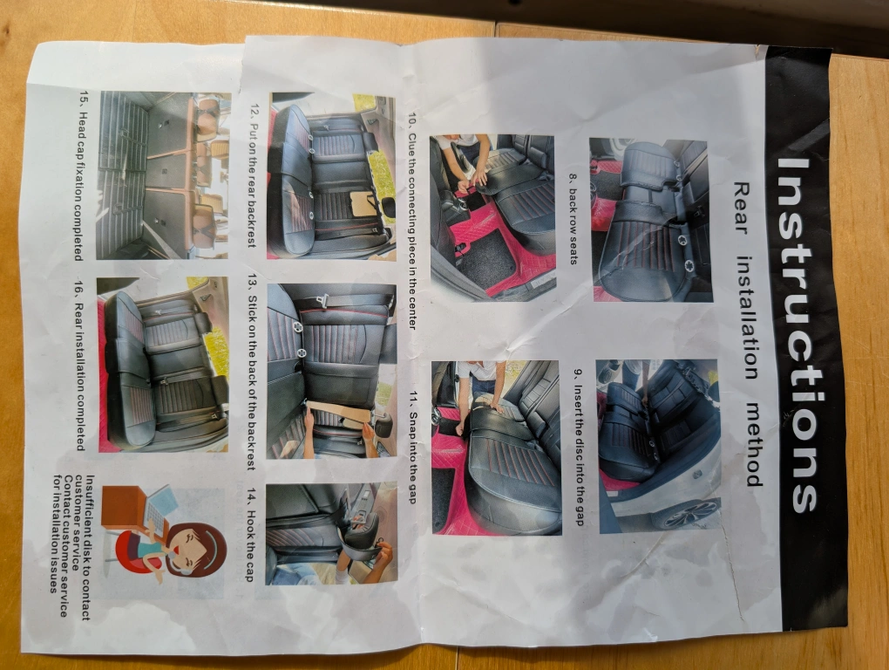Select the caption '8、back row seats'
point(573,218)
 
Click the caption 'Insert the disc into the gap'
point(579,447)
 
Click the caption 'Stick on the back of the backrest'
point(252,375)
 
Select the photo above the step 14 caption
point(331,533)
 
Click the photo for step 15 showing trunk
point(165,175)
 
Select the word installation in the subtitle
point(747,318)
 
